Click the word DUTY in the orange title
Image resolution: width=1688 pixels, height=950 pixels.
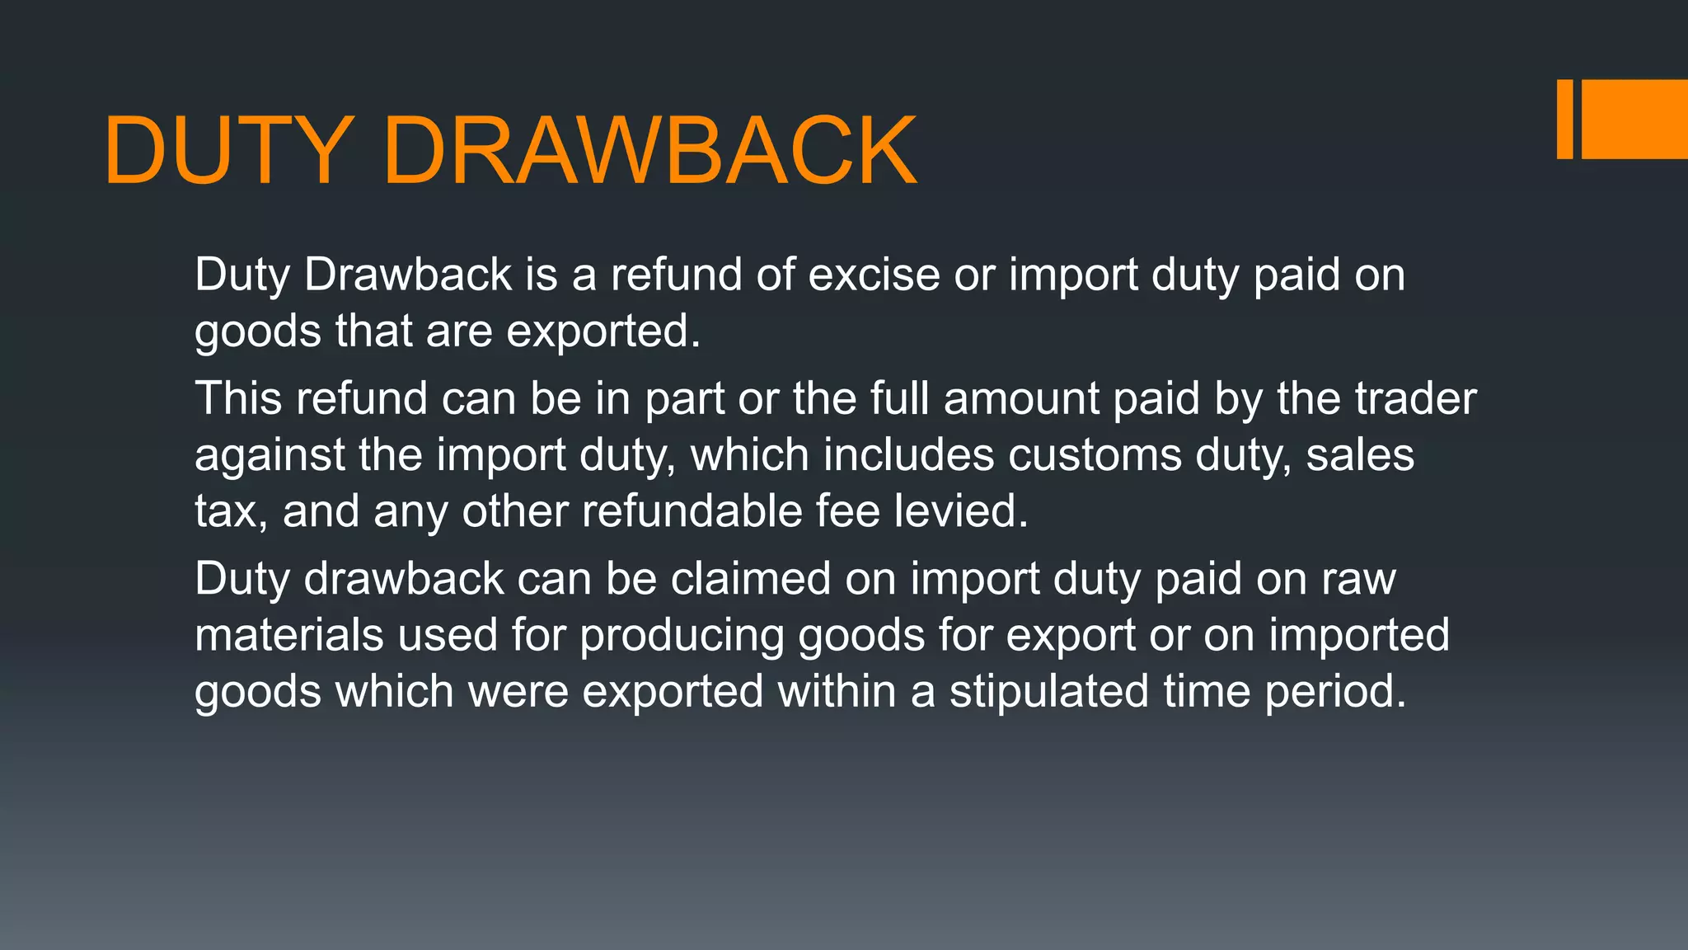[x=228, y=152]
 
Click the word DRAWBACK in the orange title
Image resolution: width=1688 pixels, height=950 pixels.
[x=649, y=152]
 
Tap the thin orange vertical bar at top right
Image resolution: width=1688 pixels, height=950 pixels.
[x=1564, y=119]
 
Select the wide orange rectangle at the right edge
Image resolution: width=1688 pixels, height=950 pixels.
[x=1634, y=119]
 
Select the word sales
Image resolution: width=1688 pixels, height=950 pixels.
[x=1360, y=456]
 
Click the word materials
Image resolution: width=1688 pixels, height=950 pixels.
[x=289, y=636]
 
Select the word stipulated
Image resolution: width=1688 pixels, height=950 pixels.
[x=1048, y=693]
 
